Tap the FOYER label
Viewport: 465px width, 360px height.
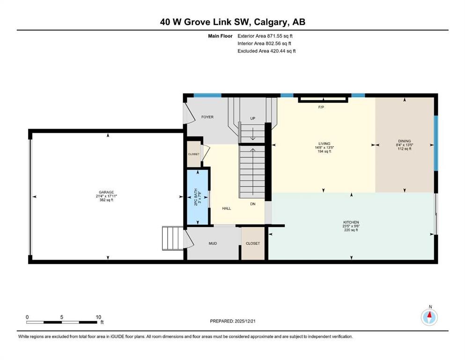(207, 117)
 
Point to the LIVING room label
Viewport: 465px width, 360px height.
(325, 143)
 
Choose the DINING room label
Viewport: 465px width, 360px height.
(404, 141)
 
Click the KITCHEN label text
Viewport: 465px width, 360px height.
(351, 222)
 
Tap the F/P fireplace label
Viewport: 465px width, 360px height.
(321, 107)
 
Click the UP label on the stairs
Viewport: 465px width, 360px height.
(253, 119)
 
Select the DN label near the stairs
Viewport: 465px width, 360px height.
(253, 204)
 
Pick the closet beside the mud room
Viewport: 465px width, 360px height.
(253, 243)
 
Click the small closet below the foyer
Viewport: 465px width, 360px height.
(193, 154)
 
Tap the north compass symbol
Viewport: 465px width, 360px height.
(429, 317)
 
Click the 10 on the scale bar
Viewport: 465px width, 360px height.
(98, 317)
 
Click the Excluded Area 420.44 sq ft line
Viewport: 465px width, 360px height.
(266, 51)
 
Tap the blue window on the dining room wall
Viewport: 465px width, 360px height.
(435, 143)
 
